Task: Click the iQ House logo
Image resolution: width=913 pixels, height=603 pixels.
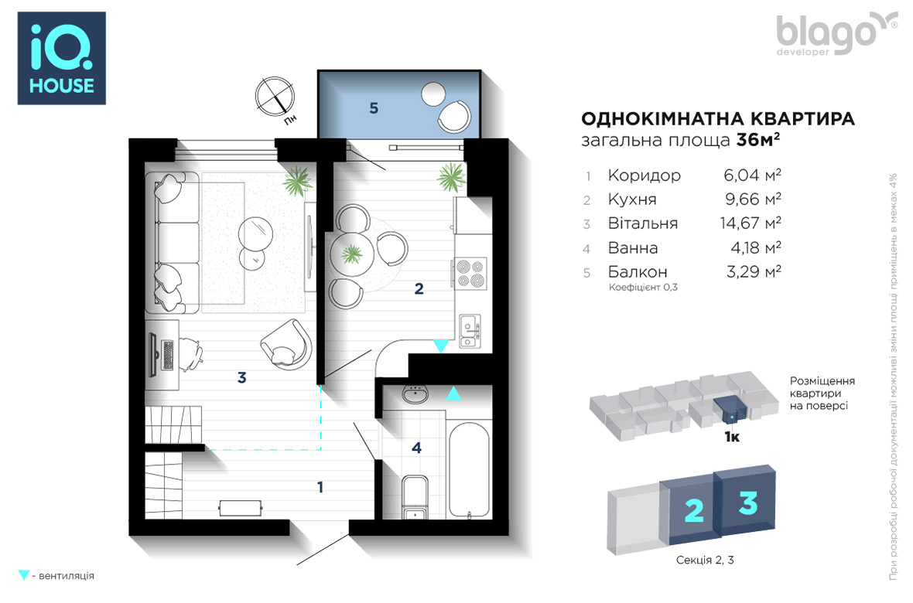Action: pyautogui.click(x=62, y=58)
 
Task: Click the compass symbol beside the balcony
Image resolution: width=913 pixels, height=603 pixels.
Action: pyautogui.click(x=275, y=97)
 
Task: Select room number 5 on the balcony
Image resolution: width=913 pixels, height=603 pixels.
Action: pyautogui.click(x=374, y=108)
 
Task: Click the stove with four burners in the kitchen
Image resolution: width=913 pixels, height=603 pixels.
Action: pyautogui.click(x=470, y=274)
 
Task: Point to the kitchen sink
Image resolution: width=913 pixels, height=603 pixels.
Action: pyautogui.click(x=470, y=331)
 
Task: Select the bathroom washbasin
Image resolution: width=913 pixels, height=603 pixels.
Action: pyautogui.click(x=415, y=394)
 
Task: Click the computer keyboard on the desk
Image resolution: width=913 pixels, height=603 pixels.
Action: pyautogui.click(x=168, y=355)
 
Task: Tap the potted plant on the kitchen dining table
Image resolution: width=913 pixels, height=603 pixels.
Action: pyautogui.click(x=352, y=254)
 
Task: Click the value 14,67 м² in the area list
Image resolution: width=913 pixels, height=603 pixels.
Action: pyautogui.click(x=751, y=223)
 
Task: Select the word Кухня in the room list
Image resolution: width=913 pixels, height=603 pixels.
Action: pyautogui.click(x=632, y=199)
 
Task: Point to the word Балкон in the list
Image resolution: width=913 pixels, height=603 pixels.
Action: pyautogui.click(x=638, y=272)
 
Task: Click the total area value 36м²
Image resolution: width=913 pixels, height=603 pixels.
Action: pyautogui.click(x=758, y=140)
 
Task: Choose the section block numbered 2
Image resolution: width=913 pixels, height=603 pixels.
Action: pyautogui.click(x=692, y=510)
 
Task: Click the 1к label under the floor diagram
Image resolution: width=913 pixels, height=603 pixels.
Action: pyautogui.click(x=732, y=437)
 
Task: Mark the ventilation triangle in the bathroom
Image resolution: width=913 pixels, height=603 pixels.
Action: pyautogui.click(x=453, y=393)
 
